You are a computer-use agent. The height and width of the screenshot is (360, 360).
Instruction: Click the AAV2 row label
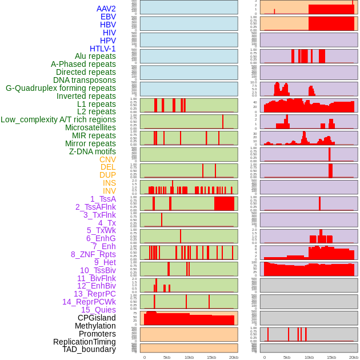(106, 9)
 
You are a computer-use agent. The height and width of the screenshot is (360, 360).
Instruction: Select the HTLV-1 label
(103, 49)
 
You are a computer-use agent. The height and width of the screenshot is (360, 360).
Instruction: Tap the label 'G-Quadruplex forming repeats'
(61, 88)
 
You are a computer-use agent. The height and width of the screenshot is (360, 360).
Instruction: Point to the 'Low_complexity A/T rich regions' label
(58, 119)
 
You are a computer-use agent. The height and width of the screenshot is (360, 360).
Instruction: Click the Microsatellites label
(90, 127)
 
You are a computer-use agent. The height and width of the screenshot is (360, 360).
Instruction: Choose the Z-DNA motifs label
(93, 151)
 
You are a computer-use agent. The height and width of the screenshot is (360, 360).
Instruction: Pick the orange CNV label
(107, 159)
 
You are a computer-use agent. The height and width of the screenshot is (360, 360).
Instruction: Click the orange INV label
(109, 191)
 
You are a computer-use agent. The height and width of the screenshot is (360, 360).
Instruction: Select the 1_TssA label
(103, 199)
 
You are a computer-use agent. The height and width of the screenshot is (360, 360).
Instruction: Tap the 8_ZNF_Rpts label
(93, 254)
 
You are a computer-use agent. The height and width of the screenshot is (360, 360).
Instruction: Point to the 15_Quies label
(98, 310)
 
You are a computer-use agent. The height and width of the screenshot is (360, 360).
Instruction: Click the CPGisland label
(97, 318)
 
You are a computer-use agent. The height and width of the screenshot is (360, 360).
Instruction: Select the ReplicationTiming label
(85, 342)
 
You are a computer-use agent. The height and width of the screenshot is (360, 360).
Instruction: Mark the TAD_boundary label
(89, 349)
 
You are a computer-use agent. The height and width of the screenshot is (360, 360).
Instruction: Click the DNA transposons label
(85, 80)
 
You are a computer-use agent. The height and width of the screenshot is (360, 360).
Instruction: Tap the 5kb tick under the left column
(167, 357)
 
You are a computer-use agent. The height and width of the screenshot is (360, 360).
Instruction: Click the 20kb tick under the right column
(354, 357)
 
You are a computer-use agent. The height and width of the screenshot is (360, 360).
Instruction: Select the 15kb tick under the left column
(211, 357)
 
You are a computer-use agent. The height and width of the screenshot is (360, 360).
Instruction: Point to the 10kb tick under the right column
(309, 357)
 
